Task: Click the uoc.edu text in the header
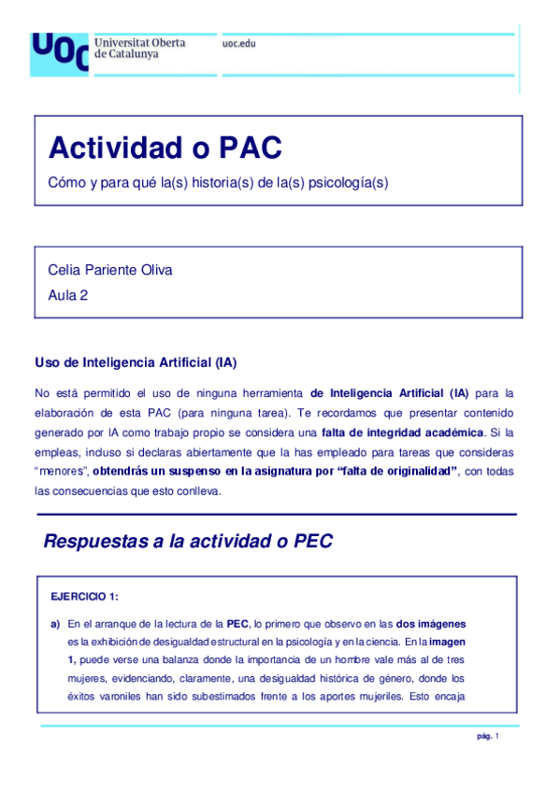239,44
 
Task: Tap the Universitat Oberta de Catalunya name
140,49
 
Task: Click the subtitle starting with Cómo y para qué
218,183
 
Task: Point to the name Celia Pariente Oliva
110,270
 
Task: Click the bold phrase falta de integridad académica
403,431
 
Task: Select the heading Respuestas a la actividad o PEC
188,542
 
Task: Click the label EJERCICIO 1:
85,596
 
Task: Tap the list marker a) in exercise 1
55,623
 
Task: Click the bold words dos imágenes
431,623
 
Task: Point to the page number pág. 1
488,737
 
